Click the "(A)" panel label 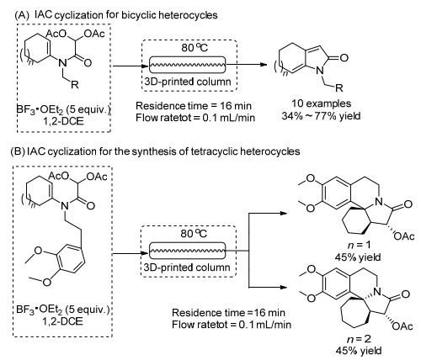point(22,15)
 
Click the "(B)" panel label point(19,151)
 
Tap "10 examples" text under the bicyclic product point(322,103)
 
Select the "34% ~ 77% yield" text point(321,116)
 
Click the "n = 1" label point(359,245)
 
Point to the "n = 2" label point(359,339)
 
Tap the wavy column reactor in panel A point(187,65)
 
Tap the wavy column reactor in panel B point(187,251)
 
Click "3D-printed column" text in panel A point(188,82)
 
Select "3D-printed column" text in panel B point(187,267)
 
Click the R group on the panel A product point(339,88)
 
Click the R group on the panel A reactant point(75,85)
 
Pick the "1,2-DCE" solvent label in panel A point(64,121)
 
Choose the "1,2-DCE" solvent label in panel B point(65,321)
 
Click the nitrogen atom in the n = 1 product point(379,202)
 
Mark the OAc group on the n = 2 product point(403,326)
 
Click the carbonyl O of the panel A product point(344,58)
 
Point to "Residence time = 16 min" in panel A point(194,106)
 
